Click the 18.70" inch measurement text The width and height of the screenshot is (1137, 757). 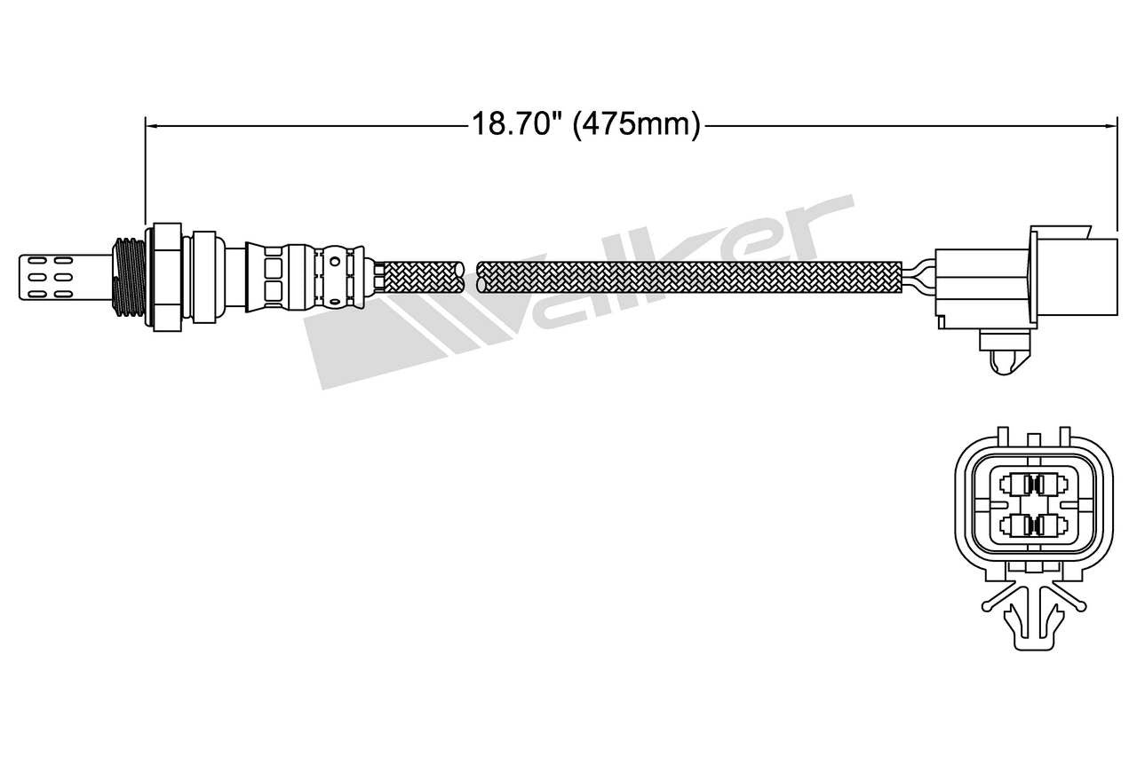coord(516,124)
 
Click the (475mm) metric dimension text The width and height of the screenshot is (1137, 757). coord(636,124)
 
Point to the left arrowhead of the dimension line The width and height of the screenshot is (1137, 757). coord(150,125)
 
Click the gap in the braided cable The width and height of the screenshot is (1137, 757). coord(471,276)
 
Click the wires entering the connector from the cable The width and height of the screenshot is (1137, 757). coord(920,276)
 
